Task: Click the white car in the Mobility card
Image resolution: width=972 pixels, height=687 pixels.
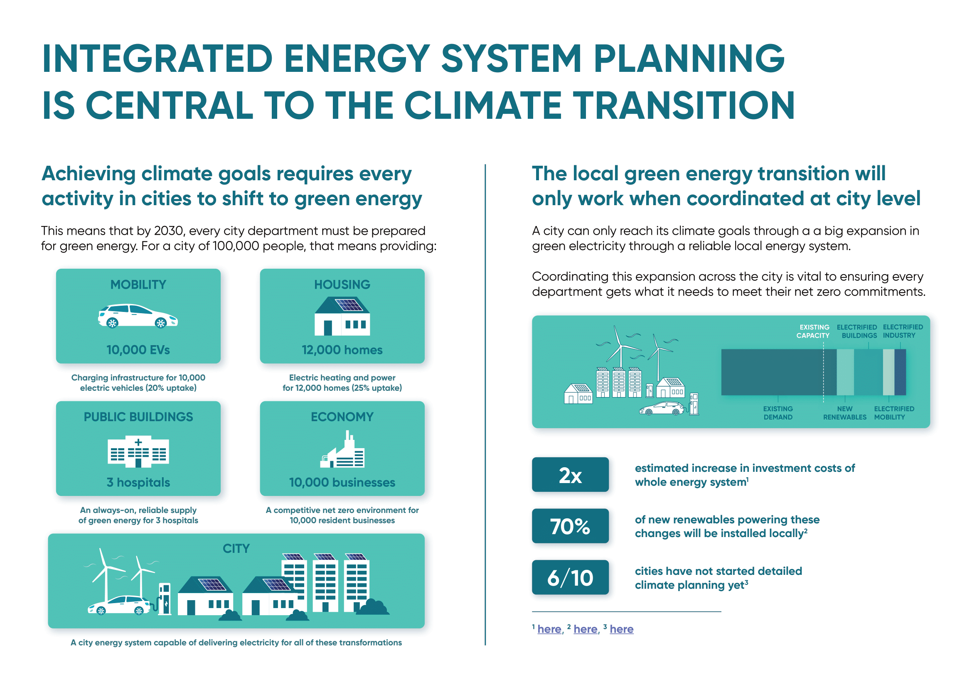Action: (138, 316)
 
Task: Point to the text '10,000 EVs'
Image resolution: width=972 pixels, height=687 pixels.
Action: (138, 350)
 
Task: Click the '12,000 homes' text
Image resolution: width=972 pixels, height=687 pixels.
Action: (342, 350)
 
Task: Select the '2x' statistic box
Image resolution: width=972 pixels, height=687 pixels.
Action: (570, 475)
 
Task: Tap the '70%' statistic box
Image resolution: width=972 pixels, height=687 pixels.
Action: (570, 526)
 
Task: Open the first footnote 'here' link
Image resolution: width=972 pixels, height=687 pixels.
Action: (549, 629)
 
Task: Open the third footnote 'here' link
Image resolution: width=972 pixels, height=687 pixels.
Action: (621, 629)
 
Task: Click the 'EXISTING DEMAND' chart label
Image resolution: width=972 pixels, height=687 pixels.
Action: (778, 413)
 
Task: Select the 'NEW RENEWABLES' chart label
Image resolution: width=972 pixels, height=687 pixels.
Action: (844, 413)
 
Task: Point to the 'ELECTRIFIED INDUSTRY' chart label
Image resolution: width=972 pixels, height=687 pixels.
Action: (903, 331)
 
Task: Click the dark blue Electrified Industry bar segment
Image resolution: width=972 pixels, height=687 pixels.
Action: (900, 372)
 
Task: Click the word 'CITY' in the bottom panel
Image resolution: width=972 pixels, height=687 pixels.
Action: (236, 549)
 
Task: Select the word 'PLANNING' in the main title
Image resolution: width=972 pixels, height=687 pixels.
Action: (689, 59)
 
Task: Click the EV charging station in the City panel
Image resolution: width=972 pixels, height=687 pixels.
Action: (164, 599)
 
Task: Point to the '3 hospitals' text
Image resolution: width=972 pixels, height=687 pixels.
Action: (138, 483)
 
